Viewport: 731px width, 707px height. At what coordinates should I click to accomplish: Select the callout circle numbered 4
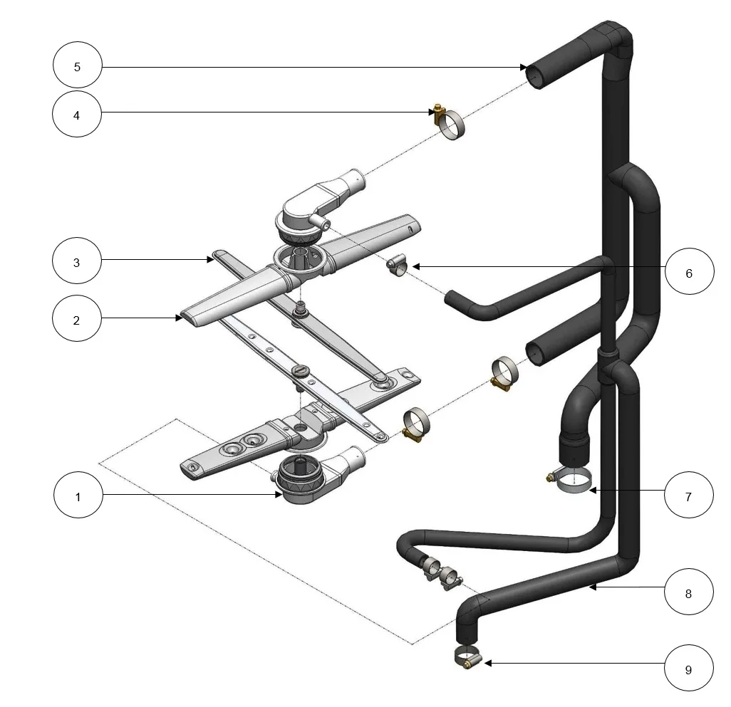click(x=77, y=114)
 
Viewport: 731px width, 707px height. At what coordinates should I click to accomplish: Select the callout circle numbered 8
click(x=688, y=592)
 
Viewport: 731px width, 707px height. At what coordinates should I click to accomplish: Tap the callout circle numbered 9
click(x=688, y=668)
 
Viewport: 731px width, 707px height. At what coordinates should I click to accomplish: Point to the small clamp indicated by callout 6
click(x=397, y=266)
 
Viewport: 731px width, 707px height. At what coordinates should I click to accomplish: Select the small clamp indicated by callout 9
click(x=467, y=656)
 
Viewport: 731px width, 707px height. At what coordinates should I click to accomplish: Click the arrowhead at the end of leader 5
click(x=524, y=67)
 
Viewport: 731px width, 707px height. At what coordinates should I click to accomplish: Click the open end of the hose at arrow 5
click(x=534, y=76)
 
